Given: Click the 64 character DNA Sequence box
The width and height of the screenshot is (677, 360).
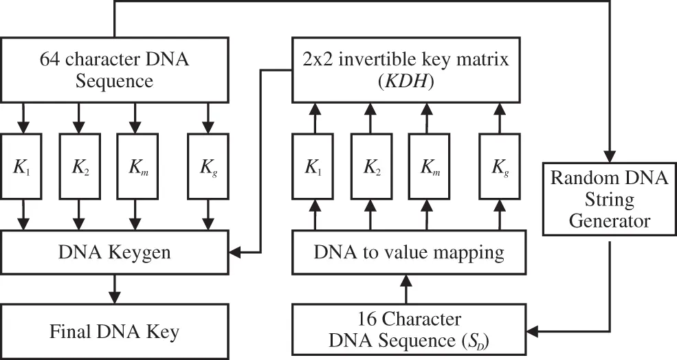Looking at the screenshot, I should click(x=113, y=70).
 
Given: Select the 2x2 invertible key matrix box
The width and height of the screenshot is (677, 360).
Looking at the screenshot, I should click(x=405, y=70).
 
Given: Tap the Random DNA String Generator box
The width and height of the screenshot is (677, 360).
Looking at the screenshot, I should click(x=608, y=200).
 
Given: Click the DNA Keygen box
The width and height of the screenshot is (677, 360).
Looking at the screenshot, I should click(x=113, y=252).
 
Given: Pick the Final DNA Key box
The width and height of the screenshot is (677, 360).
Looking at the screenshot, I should click(x=113, y=332).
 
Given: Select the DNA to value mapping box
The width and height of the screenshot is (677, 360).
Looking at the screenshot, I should click(x=408, y=252).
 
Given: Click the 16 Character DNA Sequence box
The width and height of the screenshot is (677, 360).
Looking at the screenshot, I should click(x=408, y=330).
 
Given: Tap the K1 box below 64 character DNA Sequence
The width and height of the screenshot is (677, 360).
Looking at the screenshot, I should click(x=24, y=168).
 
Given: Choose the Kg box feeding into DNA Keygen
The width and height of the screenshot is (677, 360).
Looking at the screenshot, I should click(x=207, y=168).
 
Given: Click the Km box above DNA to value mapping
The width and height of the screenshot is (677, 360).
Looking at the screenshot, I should click(x=428, y=168).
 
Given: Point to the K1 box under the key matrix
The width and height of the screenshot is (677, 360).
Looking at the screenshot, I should click(x=313, y=168).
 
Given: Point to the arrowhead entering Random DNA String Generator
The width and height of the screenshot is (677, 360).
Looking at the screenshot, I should click(x=609, y=157).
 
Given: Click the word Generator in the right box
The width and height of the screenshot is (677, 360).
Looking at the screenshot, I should click(x=608, y=221).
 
